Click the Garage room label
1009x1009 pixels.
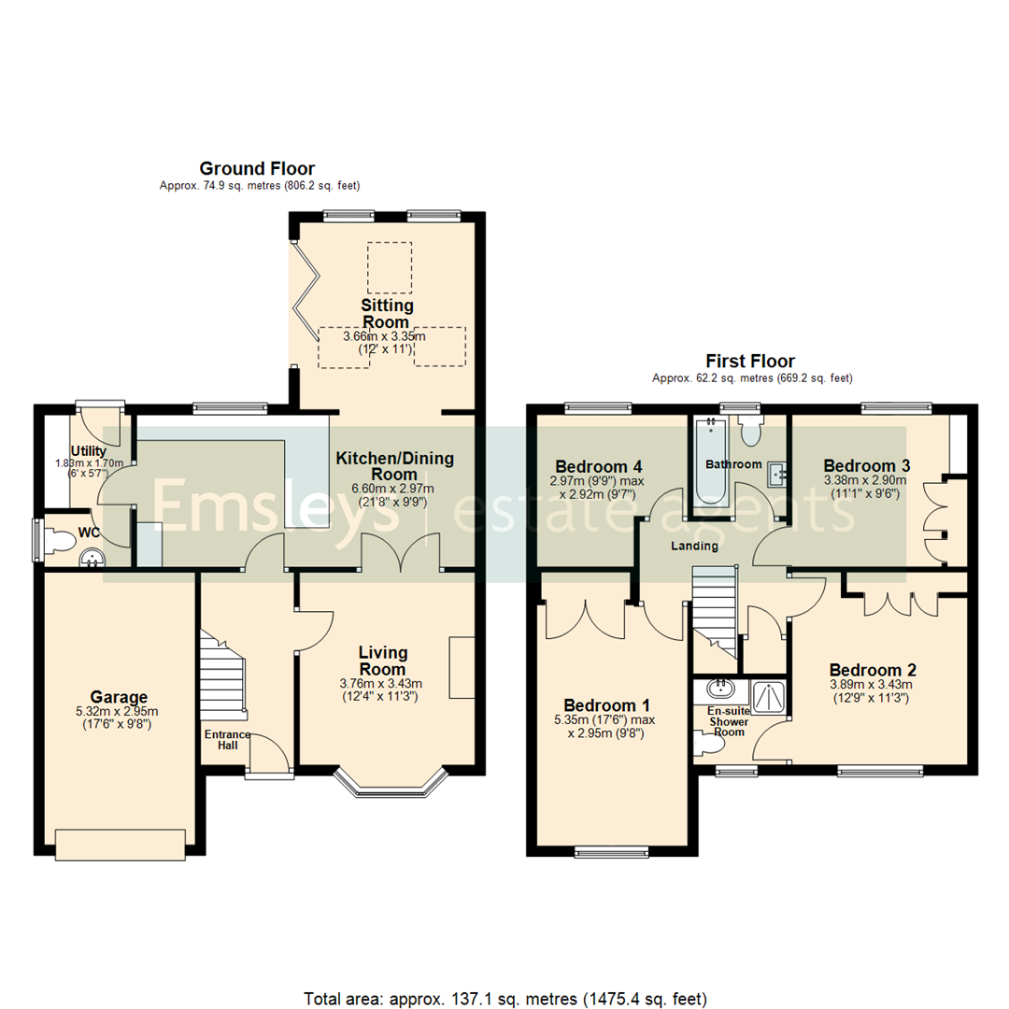(x=119, y=697)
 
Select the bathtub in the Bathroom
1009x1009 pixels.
(x=711, y=463)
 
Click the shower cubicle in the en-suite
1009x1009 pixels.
(x=767, y=698)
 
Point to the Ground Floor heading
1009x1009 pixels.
(x=257, y=168)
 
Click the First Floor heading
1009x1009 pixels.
(x=750, y=361)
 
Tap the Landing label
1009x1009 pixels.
(x=694, y=547)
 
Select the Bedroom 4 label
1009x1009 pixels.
(x=599, y=466)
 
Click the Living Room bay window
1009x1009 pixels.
(x=391, y=783)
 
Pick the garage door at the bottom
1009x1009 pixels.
(x=121, y=845)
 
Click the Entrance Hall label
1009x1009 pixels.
(x=227, y=740)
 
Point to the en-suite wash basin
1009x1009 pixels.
(x=720, y=689)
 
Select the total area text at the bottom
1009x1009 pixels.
(x=505, y=999)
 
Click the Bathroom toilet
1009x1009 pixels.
(x=750, y=431)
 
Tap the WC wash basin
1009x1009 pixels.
(x=92, y=558)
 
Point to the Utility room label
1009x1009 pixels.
(x=89, y=451)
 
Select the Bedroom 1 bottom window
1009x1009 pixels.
(x=612, y=852)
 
